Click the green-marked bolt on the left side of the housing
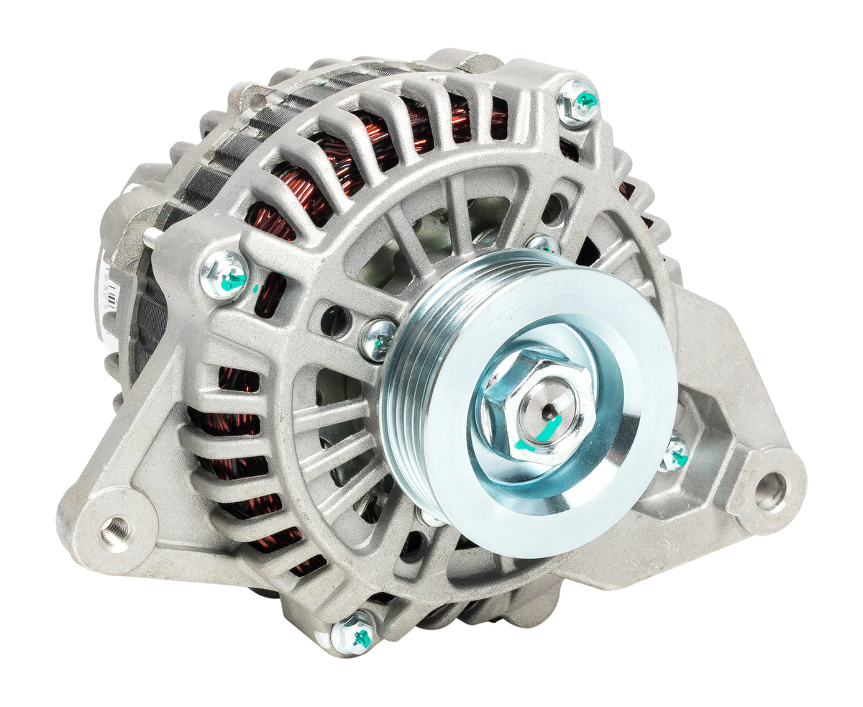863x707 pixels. (224, 275)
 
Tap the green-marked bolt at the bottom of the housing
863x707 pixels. (354, 634)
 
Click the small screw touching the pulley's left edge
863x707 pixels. (378, 339)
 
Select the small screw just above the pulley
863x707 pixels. (542, 244)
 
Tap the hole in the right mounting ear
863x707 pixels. (771, 491)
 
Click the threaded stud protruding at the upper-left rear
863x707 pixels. (152, 235)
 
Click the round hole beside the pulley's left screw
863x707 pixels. (334, 321)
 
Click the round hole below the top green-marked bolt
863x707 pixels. (554, 209)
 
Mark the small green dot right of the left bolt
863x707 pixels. (256, 290)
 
